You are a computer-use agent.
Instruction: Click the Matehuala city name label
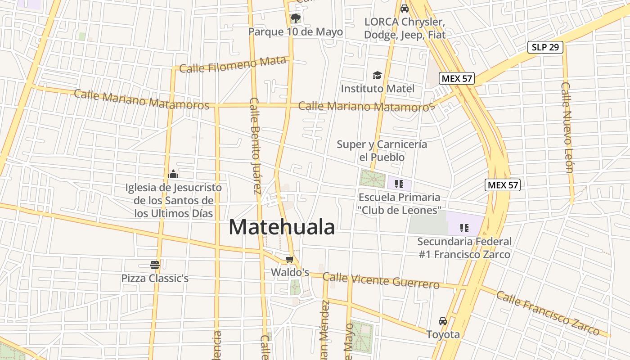[x=282, y=227]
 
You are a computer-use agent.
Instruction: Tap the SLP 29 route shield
[x=545, y=47]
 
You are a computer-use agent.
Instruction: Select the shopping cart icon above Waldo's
[x=289, y=260]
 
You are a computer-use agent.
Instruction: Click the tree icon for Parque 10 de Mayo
[x=295, y=18]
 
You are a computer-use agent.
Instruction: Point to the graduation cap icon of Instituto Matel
[x=377, y=75]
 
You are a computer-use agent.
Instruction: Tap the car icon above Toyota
[x=443, y=321]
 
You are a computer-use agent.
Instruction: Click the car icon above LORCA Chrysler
[x=404, y=9]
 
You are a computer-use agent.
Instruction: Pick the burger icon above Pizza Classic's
[x=155, y=265]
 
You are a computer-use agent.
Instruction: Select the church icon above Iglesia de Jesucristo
[x=173, y=174]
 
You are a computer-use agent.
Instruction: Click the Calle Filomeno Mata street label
[x=233, y=65]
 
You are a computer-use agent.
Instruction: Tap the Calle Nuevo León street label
[x=567, y=127]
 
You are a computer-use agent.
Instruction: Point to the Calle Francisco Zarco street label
[x=548, y=313]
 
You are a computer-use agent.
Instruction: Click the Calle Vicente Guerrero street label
[x=381, y=280]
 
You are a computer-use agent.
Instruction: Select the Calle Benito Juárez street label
[x=255, y=145]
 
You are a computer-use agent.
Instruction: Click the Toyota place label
[x=443, y=334]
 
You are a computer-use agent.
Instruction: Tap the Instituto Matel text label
[x=377, y=89]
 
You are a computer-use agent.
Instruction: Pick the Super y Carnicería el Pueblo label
[x=382, y=151]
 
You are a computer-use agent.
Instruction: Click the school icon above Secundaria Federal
[x=464, y=228]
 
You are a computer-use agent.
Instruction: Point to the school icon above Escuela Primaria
[x=398, y=184]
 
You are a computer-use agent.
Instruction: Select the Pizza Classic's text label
[x=155, y=278]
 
